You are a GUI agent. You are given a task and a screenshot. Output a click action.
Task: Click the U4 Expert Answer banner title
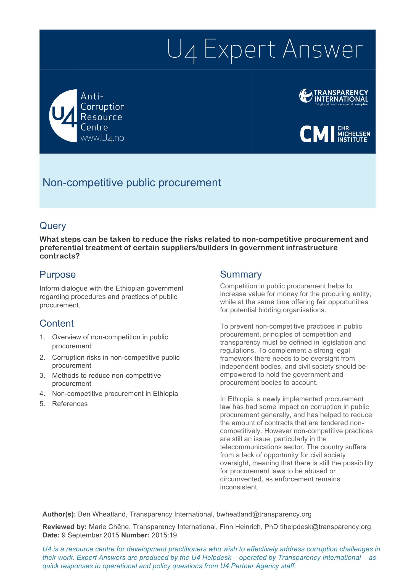tap(265, 50)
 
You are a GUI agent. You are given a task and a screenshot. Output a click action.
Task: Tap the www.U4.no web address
tap(102, 138)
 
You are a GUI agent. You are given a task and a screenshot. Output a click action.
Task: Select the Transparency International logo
tap(334, 97)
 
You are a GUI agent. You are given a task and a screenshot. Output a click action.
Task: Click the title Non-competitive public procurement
tap(132, 183)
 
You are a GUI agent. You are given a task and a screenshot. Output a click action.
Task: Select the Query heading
tap(53, 226)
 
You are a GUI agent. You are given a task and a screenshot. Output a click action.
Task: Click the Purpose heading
tap(57, 274)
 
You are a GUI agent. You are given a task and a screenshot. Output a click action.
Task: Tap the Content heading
tap(57, 323)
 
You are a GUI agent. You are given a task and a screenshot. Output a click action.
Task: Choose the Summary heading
tap(241, 274)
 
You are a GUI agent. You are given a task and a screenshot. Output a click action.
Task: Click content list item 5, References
tap(70, 404)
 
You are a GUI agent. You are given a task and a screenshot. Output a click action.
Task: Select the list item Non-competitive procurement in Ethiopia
tap(115, 394)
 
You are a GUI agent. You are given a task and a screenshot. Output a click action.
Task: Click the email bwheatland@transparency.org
tap(264, 514)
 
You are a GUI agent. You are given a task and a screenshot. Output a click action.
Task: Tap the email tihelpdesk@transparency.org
tap(325, 527)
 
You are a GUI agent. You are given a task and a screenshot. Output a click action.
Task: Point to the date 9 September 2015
tap(90, 535)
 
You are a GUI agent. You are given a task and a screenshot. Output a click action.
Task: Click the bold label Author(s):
tap(59, 514)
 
